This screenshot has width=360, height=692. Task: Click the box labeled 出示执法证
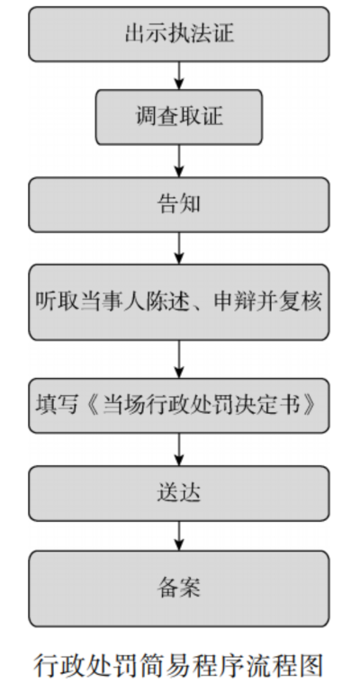179,34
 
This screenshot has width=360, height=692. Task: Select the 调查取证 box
179,117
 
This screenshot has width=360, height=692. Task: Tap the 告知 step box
179,205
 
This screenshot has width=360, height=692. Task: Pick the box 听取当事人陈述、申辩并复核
179,302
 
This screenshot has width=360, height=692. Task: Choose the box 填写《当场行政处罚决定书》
179,406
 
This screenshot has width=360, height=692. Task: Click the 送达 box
179,493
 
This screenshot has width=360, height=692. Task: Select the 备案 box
179,589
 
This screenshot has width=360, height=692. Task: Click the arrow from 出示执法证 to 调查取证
179,76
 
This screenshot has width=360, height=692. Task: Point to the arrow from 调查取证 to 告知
179,161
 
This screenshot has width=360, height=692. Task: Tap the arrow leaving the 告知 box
179,248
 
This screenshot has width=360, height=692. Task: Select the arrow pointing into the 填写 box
179,359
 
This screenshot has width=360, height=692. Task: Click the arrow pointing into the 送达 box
179,450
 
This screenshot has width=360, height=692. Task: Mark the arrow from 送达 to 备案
179,535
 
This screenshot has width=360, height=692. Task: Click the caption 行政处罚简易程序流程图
179,666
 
